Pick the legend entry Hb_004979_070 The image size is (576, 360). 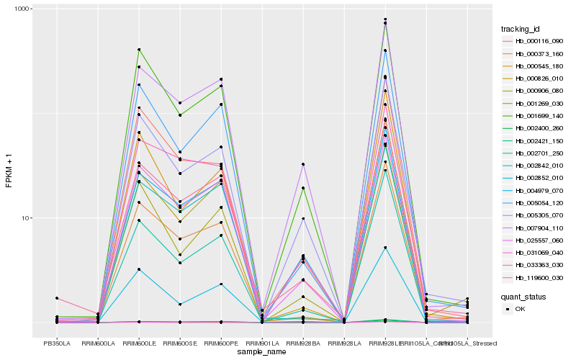(539, 190)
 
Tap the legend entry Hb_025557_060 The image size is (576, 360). (539, 240)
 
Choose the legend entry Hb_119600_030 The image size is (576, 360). (539, 278)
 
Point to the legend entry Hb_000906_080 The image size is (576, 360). (539, 91)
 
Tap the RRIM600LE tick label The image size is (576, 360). (139, 343)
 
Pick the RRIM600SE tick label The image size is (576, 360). (180, 343)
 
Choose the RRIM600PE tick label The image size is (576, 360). (221, 343)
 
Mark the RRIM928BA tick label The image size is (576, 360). (303, 343)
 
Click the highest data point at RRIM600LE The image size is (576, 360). (139, 49)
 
